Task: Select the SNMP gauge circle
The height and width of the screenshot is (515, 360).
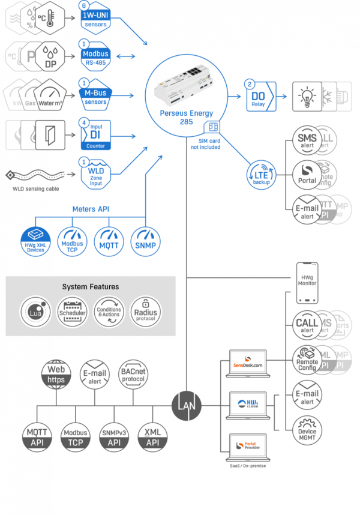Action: point(146,241)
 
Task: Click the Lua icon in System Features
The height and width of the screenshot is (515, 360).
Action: point(35,310)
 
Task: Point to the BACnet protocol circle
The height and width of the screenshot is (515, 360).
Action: point(132,375)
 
